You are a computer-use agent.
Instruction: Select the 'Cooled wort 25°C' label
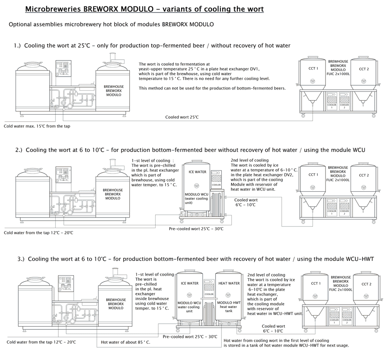tap(182, 117)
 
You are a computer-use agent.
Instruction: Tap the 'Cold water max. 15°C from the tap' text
tap(37, 126)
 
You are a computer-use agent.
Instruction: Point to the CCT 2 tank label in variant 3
tap(366, 284)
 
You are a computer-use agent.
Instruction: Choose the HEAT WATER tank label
tap(229, 283)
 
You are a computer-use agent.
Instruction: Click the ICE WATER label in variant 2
tap(198, 172)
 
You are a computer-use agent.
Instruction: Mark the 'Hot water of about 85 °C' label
tap(126, 342)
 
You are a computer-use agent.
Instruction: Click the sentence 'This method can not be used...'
tap(212, 88)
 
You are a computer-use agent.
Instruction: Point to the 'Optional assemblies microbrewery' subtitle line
tap(111, 24)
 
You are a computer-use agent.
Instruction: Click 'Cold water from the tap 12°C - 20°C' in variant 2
tap(38, 233)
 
